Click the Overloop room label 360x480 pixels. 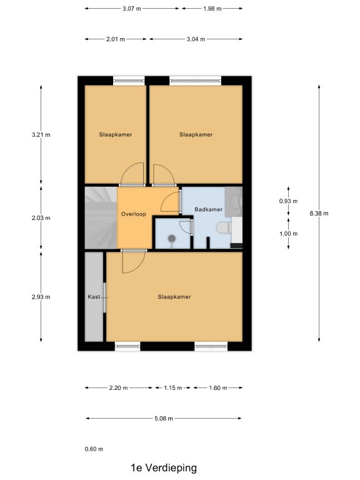134,214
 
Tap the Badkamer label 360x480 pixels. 209,209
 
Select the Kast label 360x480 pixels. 94,297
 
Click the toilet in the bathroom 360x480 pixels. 224,228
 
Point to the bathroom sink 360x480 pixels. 234,201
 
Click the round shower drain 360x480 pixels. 172,238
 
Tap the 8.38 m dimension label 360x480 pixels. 319,213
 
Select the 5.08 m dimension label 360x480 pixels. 164,419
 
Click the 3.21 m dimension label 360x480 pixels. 41,135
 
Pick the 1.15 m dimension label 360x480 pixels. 173,388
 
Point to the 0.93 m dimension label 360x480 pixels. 288,201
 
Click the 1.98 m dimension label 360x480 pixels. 212,9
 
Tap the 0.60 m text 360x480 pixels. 94,449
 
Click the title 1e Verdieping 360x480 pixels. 164,467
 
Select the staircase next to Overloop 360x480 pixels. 101,217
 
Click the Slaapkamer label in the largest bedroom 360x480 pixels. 174,297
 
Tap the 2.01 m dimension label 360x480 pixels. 116,39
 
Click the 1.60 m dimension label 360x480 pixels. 218,388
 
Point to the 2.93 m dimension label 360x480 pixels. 41,297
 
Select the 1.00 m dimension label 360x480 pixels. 288,234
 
